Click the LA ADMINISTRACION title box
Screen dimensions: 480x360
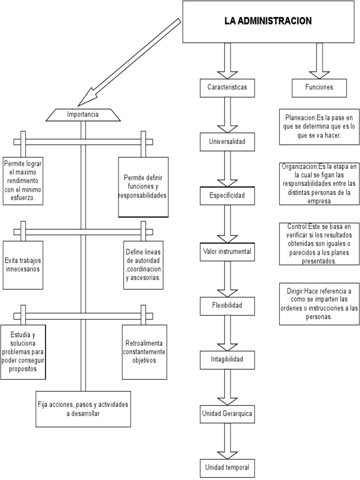click(x=268, y=22)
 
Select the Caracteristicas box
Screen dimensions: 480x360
click(x=227, y=87)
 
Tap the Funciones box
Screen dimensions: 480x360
click(x=319, y=87)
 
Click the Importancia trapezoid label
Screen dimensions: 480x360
click(x=82, y=114)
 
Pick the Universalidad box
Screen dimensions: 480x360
click(x=227, y=142)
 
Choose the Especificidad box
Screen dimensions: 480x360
click(x=227, y=196)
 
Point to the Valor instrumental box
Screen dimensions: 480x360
click(x=227, y=252)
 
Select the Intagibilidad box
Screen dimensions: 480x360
click(x=227, y=360)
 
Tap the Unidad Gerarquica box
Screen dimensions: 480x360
click(x=227, y=413)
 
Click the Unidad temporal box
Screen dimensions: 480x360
click(x=227, y=467)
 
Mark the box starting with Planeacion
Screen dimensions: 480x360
click(x=319, y=126)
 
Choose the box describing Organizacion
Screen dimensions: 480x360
click(x=319, y=184)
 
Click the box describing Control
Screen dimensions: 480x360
click(x=319, y=244)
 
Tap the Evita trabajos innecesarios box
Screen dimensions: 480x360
click(x=22, y=265)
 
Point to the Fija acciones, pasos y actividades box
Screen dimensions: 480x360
click(x=83, y=409)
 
